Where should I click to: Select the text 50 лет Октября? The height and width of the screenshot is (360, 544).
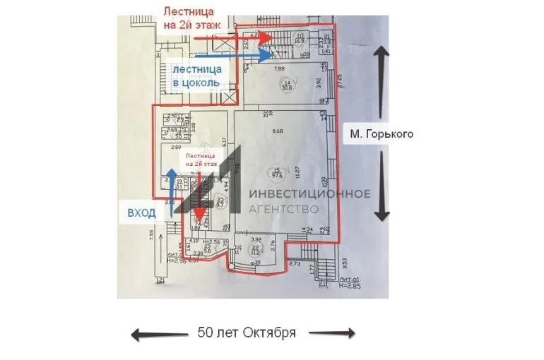247,332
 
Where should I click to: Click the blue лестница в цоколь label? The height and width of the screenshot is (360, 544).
197,76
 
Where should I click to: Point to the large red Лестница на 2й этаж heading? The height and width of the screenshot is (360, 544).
192,18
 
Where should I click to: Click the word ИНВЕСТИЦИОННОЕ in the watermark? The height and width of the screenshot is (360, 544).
310,194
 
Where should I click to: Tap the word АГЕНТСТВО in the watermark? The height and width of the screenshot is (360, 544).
284,209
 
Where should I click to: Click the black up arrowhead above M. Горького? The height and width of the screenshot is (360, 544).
382,52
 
